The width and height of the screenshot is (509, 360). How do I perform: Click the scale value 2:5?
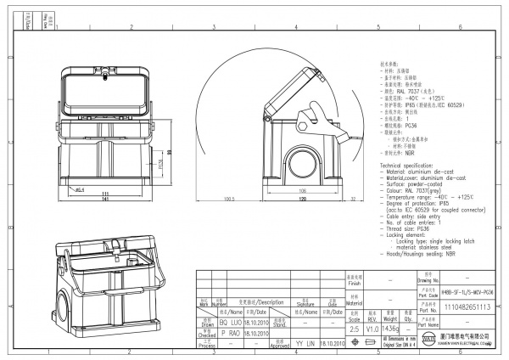[x=355, y=328]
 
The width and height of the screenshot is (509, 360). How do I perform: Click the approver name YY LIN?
[x=305, y=344]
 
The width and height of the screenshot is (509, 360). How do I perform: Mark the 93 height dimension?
[x=168, y=152]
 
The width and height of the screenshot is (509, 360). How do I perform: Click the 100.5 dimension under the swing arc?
[x=228, y=200]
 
